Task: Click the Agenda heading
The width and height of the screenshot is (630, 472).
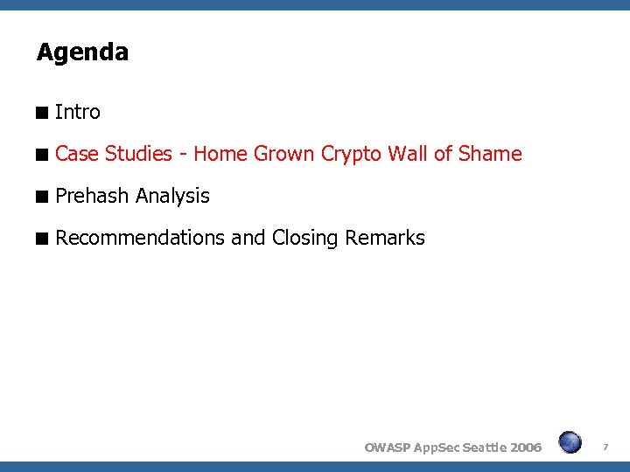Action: pos(82,52)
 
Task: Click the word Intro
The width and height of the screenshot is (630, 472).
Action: pos(78,112)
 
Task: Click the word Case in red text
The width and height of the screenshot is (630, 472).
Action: pos(76,154)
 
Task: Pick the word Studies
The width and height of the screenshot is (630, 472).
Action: pos(138,154)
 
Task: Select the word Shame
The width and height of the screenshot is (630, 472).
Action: pos(490,154)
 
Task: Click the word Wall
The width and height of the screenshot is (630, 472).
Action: pos(408,154)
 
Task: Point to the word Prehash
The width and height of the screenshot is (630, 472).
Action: pos(92,196)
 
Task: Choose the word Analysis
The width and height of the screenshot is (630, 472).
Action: pos(172,196)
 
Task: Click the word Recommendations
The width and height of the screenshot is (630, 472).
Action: pos(140,238)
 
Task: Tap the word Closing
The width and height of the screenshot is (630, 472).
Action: pos(305,238)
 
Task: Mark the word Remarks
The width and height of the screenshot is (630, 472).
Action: pos(385,238)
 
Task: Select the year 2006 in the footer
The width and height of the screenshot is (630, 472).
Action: pos(525,448)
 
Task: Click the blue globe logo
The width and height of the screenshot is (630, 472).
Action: pos(570,442)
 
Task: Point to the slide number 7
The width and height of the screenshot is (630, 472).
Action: pos(605,448)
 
